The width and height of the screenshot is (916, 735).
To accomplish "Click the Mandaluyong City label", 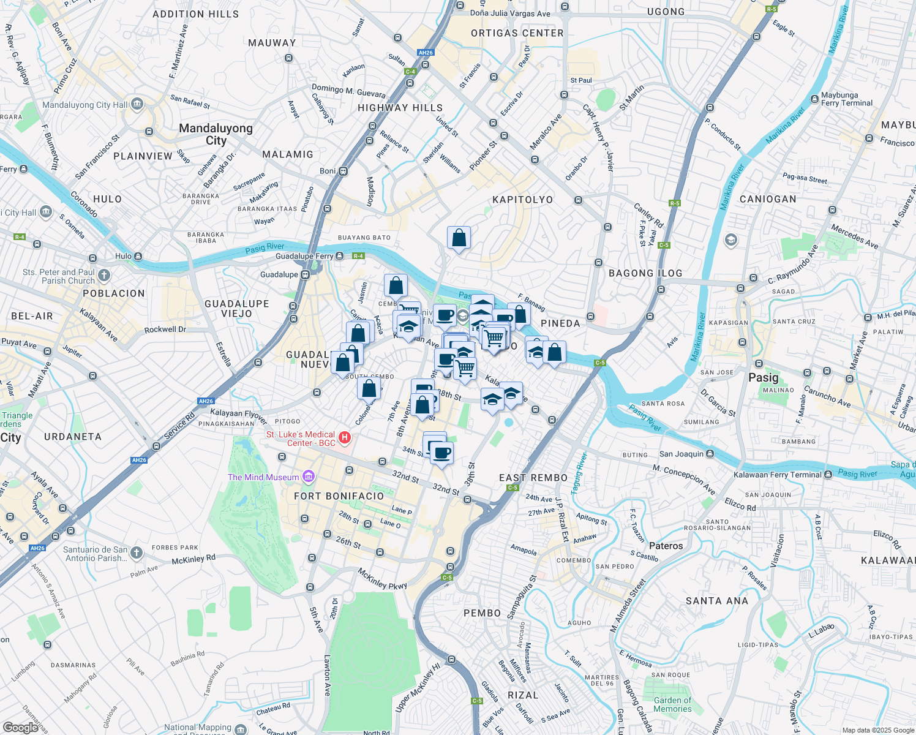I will pyautogui.click(x=216, y=134).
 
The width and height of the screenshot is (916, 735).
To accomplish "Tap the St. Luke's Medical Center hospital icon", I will pyautogui.click(x=345, y=437).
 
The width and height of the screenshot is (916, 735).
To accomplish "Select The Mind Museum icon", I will pyautogui.click(x=309, y=477).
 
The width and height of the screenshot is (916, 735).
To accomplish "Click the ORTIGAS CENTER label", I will pyautogui.click(x=517, y=33).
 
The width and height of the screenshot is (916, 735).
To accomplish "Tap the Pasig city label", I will pyautogui.click(x=763, y=377).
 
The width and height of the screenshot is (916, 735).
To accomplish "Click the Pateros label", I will pyautogui.click(x=666, y=546).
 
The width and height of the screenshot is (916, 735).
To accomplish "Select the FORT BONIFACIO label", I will pyautogui.click(x=339, y=496).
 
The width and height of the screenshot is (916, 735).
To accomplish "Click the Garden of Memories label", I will pyautogui.click(x=672, y=704).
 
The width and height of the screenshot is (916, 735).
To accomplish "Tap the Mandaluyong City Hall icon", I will pyautogui.click(x=137, y=104).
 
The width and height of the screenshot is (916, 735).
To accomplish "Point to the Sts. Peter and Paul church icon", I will pyautogui.click(x=104, y=276).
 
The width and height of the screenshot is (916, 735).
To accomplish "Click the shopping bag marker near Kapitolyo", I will pyautogui.click(x=459, y=238).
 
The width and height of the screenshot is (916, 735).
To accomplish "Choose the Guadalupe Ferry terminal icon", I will pyautogui.click(x=339, y=256).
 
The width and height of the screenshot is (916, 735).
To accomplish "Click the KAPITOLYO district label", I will pyautogui.click(x=522, y=200).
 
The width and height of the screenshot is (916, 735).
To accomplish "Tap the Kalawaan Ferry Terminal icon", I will pyautogui.click(x=828, y=474).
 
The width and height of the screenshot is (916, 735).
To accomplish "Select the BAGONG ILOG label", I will pyautogui.click(x=645, y=273).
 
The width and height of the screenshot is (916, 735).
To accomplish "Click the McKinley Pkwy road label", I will pyautogui.click(x=382, y=579).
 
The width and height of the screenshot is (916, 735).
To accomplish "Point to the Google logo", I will pyautogui.click(x=20, y=727).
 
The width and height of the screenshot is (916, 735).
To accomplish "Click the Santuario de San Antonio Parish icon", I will pyautogui.click(x=136, y=553).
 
